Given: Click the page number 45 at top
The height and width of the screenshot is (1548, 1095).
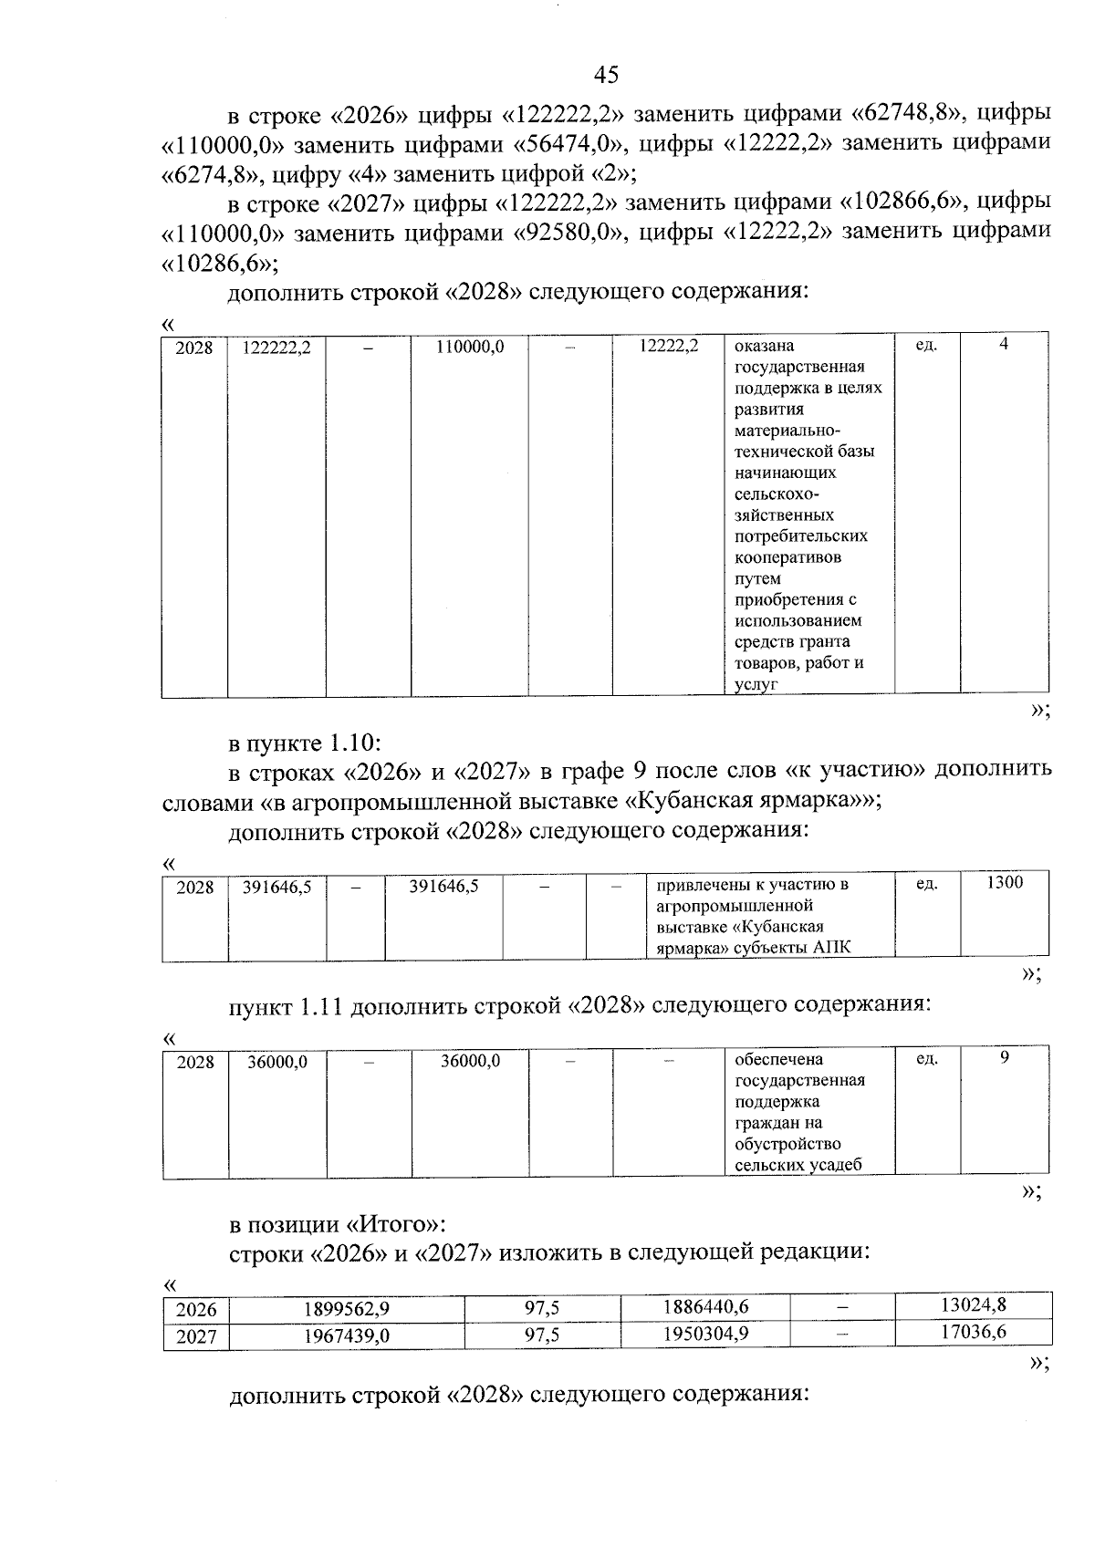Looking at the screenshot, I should [x=606, y=75].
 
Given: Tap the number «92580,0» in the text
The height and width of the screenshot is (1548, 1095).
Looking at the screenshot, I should [x=566, y=233].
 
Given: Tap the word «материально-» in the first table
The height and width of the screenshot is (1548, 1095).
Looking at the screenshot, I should [x=787, y=431].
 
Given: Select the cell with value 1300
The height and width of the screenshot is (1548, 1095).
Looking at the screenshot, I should [x=1004, y=883].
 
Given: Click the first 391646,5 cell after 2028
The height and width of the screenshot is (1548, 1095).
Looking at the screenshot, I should [x=276, y=887].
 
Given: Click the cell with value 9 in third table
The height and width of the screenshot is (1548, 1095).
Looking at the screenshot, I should [x=1004, y=1058].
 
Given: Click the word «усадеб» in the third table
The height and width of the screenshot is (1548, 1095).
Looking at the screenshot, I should [x=835, y=1165].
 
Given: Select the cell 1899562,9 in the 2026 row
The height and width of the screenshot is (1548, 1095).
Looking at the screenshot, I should [x=346, y=1309].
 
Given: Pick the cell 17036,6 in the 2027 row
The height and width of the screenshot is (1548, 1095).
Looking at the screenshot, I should [x=973, y=1333].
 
